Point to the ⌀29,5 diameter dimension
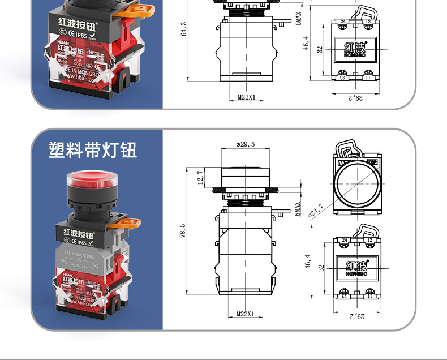246,145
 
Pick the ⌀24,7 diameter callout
316,210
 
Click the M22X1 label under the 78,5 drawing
246,315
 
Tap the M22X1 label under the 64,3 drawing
246,97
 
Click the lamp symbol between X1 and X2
79,260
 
